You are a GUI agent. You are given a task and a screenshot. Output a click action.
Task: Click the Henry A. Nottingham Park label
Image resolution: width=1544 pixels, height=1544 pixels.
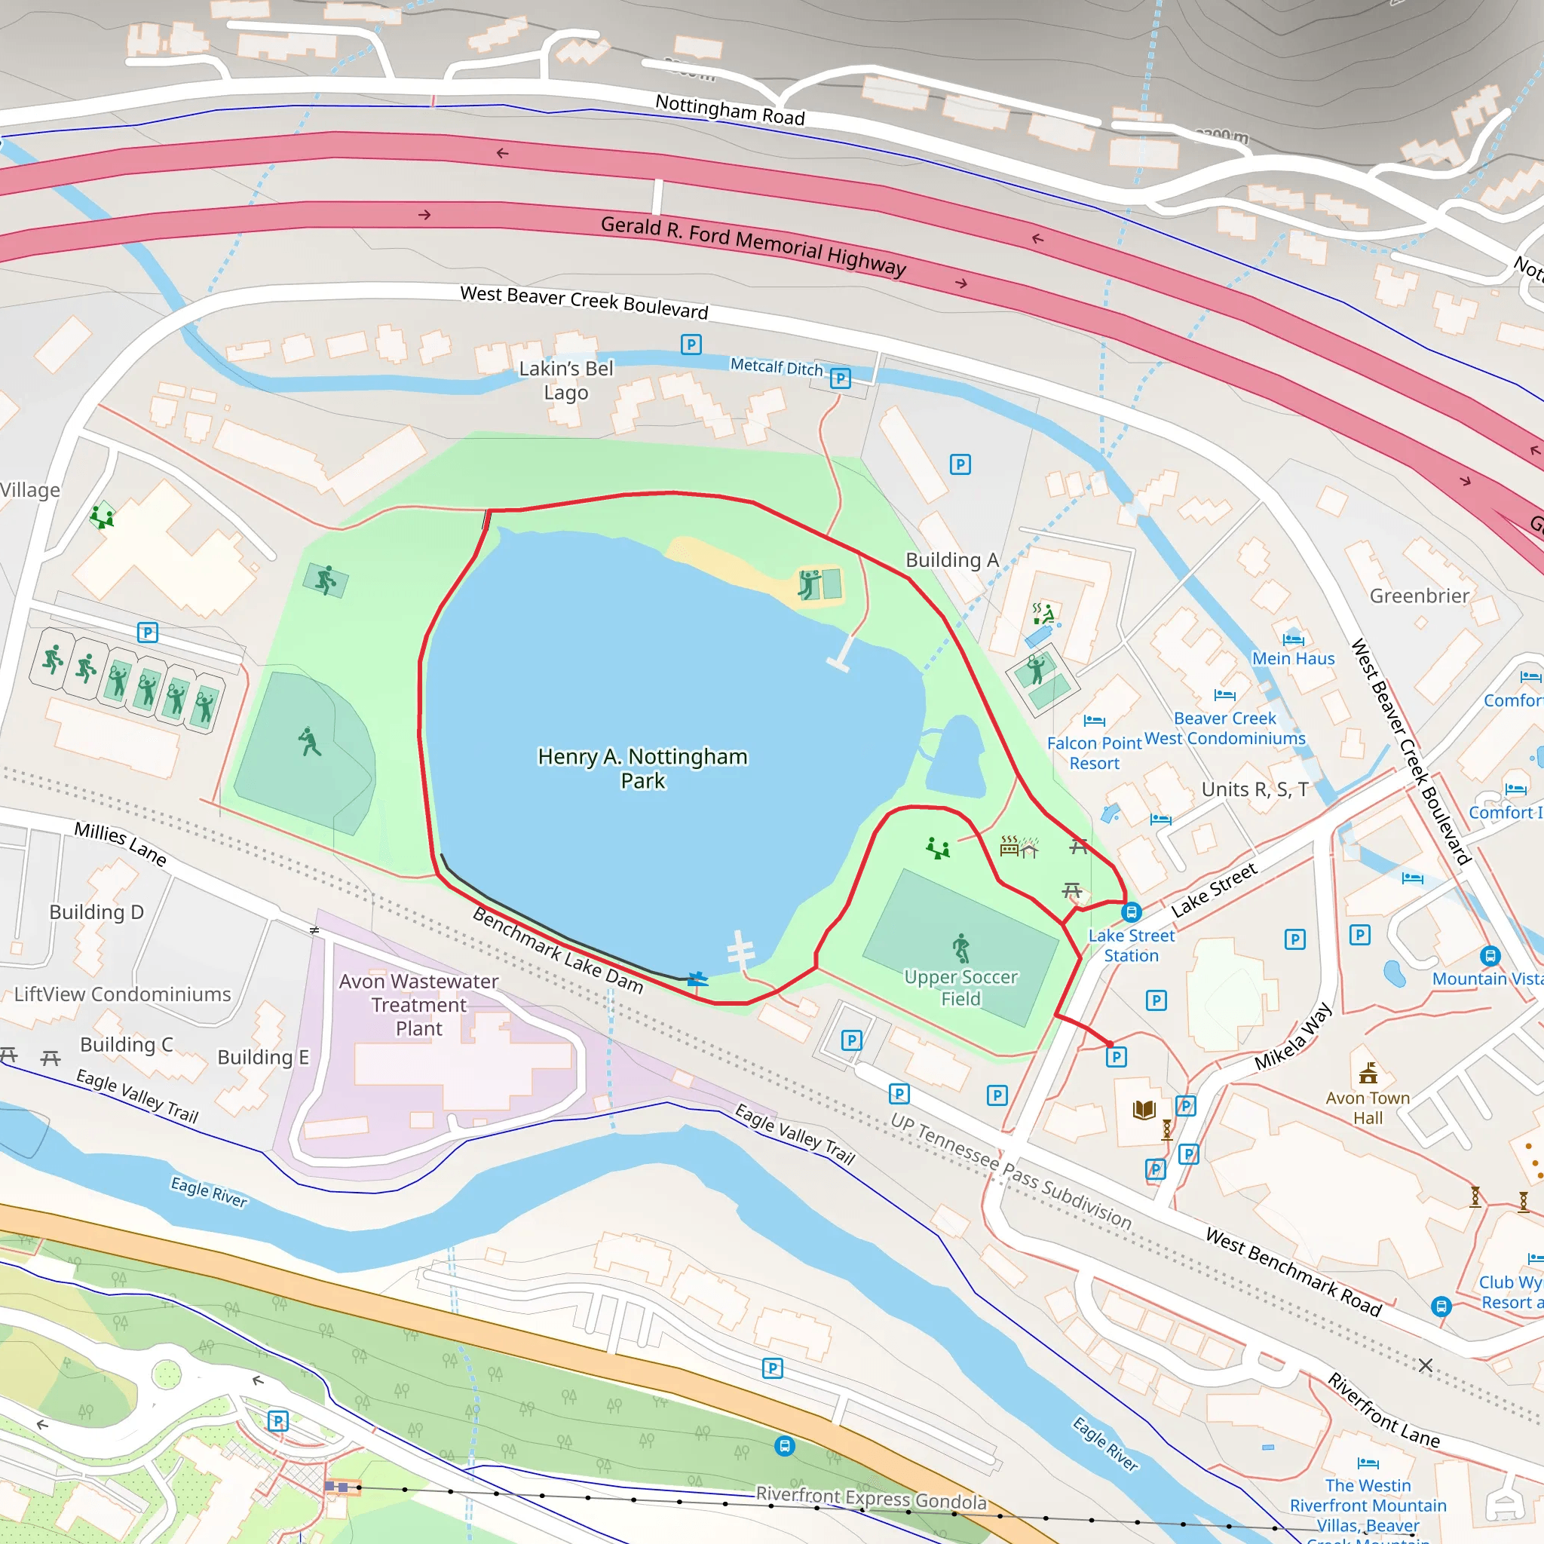pyautogui.click(x=642, y=768)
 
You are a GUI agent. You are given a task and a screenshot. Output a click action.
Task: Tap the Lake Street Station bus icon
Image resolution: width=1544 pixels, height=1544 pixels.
pyautogui.click(x=1131, y=912)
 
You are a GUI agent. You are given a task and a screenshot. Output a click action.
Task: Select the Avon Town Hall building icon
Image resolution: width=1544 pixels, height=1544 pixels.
pyautogui.click(x=1368, y=1074)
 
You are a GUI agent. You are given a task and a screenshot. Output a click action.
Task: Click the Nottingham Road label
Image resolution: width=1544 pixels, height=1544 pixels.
pyautogui.click(x=730, y=109)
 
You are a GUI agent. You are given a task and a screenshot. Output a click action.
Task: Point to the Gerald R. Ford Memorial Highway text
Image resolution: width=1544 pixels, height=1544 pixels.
pyautogui.click(x=753, y=245)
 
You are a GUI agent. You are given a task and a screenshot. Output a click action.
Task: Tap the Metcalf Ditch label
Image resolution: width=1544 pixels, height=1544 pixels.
pyautogui.click(x=776, y=367)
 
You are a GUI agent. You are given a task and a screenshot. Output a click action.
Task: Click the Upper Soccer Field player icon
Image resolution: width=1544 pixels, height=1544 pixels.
pyautogui.click(x=960, y=948)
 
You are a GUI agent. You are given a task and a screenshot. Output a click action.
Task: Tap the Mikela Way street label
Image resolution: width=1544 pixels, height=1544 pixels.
pyautogui.click(x=1293, y=1037)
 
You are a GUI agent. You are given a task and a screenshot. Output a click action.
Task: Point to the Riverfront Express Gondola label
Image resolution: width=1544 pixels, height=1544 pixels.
pyautogui.click(x=871, y=1499)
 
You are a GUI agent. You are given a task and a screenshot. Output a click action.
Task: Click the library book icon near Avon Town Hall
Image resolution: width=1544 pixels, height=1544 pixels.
pyautogui.click(x=1144, y=1109)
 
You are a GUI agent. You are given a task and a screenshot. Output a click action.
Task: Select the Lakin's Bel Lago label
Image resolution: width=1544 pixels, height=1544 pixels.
pyautogui.click(x=566, y=381)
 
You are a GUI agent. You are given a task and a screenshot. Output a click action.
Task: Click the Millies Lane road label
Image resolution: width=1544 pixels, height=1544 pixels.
pyautogui.click(x=121, y=844)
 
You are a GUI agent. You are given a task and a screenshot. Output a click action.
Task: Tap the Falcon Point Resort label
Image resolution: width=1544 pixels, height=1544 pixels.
pyautogui.click(x=1094, y=753)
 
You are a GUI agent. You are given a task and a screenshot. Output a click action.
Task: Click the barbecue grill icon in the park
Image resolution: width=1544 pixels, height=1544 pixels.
pyautogui.click(x=1010, y=846)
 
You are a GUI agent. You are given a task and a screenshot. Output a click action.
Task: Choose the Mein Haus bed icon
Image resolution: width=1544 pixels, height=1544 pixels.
pyautogui.click(x=1292, y=639)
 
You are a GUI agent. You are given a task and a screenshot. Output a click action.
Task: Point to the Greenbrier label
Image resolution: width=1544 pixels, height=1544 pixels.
pyautogui.click(x=1419, y=596)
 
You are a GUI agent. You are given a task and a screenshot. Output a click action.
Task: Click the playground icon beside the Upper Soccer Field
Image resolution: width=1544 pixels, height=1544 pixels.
pyautogui.click(x=937, y=849)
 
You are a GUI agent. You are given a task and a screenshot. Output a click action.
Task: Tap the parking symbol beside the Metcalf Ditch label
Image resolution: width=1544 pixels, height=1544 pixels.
pyautogui.click(x=840, y=378)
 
